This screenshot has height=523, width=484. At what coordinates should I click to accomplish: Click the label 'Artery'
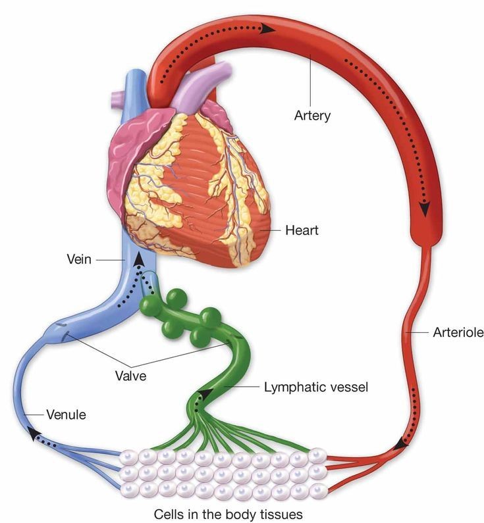(312, 116)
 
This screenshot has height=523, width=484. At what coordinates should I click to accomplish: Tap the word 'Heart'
(302, 230)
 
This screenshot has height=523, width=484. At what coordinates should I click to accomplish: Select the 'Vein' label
(79, 259)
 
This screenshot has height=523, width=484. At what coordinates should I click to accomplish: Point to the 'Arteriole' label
(458, 332)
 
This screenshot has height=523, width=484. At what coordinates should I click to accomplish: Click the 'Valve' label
(131, 376)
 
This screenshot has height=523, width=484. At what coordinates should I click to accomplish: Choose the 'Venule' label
(66, 414)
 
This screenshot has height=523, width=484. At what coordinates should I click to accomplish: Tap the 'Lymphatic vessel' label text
(316, 387)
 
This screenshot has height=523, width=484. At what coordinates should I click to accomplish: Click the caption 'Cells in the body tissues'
(229, 514)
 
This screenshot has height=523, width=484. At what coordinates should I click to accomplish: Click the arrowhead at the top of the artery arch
(268, 29)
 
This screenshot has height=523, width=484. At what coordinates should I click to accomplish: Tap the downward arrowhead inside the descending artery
(425, 209)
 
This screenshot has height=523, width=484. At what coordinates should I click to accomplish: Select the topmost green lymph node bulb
(176, 298)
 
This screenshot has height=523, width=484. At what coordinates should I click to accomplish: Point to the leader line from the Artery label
(311, 81)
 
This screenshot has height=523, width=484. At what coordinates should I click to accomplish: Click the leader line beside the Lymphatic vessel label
(242, 387)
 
